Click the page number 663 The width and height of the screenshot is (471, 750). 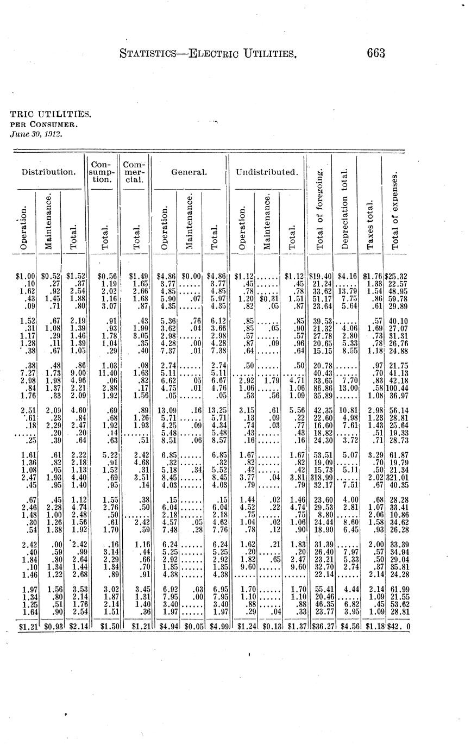[x=375, y=53]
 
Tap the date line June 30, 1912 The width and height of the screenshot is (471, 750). [x=36, y=133]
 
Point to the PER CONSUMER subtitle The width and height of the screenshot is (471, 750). [x=45, y=124]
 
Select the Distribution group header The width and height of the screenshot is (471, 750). [x=48, y=172]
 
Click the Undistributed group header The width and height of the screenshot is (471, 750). [x=267, y=172]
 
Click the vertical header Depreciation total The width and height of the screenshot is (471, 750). [x=344, y=209]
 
